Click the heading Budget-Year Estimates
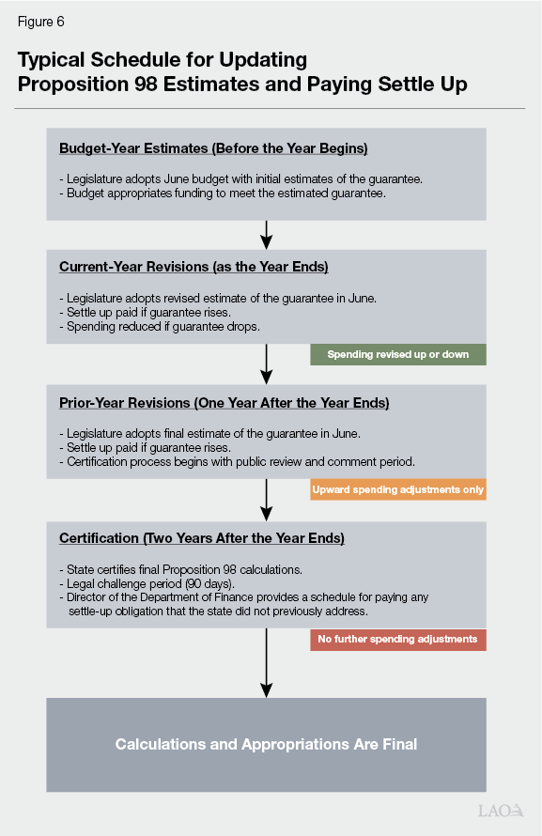pyautogui.click(x=213, y=148)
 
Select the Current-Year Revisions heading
pyautogui.click(x=194, y=267)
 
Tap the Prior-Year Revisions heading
pyautogui.click(x=224, y=403)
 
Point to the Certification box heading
pyautogui.click(x=202, y=538)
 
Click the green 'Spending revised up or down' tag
pyautogui.click(x=398, y=354)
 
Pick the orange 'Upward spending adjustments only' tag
pyautogui.click(x=398, y=490)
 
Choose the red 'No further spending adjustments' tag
pyautogui.click(x=398, y=640)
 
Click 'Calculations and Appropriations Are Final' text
pyautogui.click(x=266, y=744)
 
